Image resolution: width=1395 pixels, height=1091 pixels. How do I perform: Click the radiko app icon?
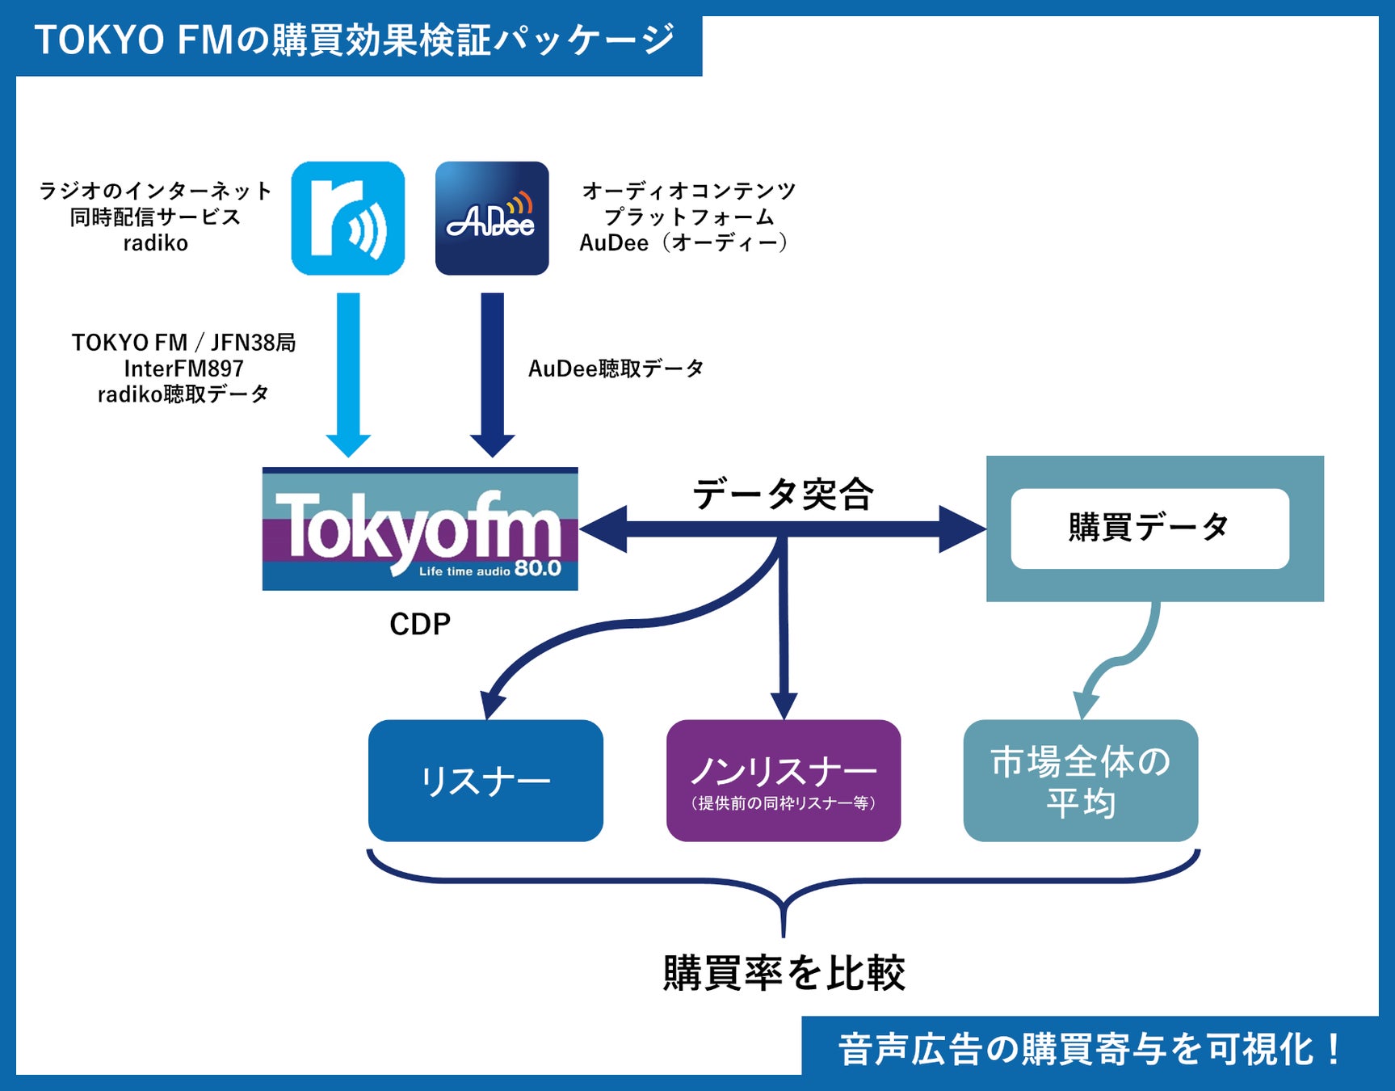[348, 218]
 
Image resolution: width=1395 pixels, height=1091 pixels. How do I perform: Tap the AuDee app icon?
[492, 218]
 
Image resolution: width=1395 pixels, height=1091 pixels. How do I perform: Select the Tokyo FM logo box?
[420, 529]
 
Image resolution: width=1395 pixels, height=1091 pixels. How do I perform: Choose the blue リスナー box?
[485, 781]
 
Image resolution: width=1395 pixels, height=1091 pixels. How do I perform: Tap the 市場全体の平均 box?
[1081, 781]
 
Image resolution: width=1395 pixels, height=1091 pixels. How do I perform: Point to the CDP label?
[420, 624]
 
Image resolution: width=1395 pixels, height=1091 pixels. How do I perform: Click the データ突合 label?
[783, 494]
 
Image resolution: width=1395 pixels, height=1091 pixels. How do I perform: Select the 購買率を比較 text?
[784, 972]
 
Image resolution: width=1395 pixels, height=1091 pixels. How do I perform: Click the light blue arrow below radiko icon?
[348, 372]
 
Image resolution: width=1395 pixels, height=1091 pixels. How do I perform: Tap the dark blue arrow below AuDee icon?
[492, 372]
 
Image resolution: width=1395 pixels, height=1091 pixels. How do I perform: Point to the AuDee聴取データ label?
[616, 369]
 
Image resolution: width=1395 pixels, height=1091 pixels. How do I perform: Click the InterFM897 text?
[183, 369]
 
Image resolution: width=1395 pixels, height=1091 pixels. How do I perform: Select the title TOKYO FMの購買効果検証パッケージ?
[354, 40]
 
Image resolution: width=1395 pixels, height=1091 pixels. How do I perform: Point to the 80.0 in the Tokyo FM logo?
[538, 569]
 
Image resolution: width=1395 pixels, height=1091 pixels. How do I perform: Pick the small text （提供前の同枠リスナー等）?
[784, 803]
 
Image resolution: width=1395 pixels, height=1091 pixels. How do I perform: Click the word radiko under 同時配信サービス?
[155, 243]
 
